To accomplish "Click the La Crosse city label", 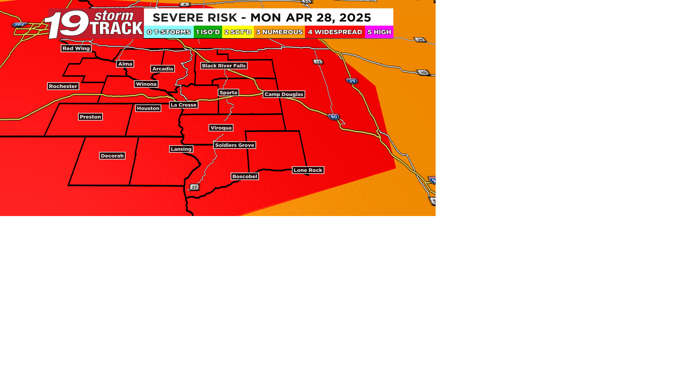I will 183,105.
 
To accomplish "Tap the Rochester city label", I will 63,86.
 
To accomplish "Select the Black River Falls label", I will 224,66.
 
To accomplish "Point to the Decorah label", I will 112,156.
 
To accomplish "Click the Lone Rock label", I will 308,170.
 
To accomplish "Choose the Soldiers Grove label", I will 235,145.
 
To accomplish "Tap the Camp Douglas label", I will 284,94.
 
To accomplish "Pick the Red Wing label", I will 76,48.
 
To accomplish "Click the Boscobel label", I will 245,176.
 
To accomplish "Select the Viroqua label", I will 221,128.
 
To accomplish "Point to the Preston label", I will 90,117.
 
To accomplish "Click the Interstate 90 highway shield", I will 334,117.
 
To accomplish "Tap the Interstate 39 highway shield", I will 352,81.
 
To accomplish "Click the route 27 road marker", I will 195,187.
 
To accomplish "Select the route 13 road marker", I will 318,62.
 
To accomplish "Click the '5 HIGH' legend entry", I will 379,32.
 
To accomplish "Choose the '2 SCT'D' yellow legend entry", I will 238,32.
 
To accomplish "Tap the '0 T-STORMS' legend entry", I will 169,32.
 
